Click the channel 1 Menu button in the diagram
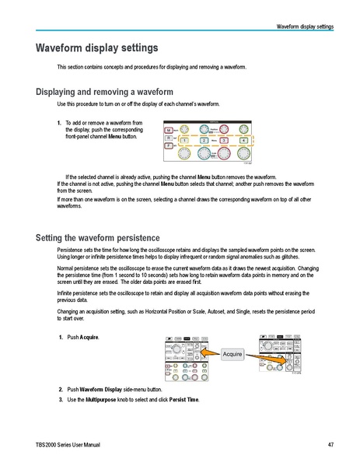coord(184,139)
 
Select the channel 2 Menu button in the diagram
coord(204,139)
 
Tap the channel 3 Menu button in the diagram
coord(223,139)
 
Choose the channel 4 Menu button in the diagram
coord(243,139)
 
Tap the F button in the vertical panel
coord(167,145)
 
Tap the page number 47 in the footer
coord(330,444)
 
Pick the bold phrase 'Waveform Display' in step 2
coord(104,388)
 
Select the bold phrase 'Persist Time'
coord(184,399)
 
